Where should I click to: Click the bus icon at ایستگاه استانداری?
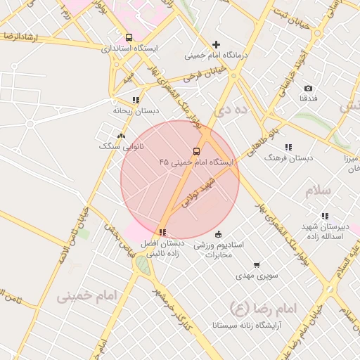click(128, 37)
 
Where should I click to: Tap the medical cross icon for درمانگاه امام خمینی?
click(216, 44)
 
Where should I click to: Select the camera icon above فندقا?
click(308, 88)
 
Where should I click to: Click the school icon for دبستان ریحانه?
click(136, 100)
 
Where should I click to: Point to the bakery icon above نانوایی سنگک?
click(121, 136)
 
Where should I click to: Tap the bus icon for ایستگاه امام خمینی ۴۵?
click(196, 151)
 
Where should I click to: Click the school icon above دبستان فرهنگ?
click(288, 147)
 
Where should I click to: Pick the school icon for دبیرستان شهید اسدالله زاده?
click(325, 216)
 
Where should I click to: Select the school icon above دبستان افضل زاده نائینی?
click(162, 232)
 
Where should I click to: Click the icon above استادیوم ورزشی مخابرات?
click(218, 234)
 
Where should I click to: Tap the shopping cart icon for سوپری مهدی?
click(257, 265)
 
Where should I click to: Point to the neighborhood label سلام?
click(317, 191)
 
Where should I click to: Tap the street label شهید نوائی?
click(198, 191)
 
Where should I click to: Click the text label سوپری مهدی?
click(257, 276)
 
